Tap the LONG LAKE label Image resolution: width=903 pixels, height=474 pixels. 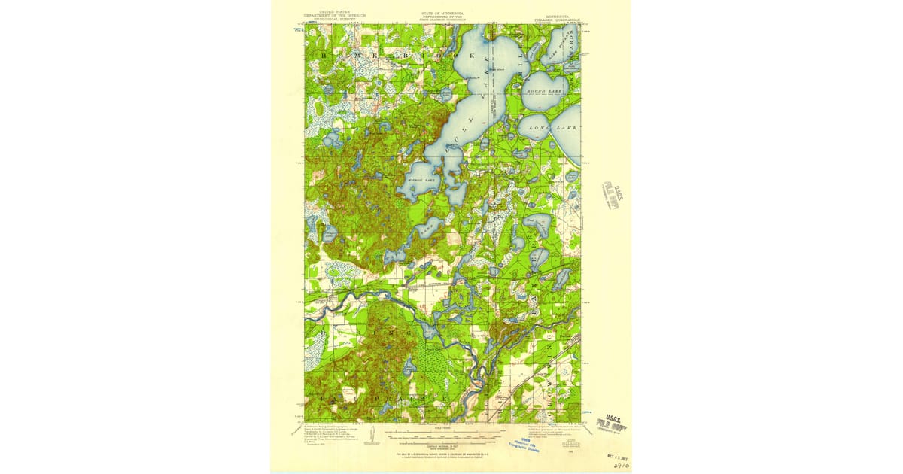pos(553,129)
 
